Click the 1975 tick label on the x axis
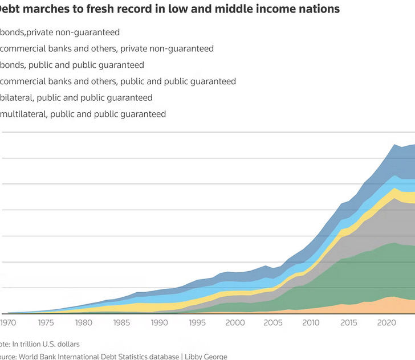pyautogui.click(x=46, y=323)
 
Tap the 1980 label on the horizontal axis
pyautogui.click(x=84, y=323)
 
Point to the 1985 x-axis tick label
pyautogui.click(x=121, y=323)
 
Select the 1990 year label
pyautogui.click(x=160, y=323)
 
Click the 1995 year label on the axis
pyautogui.click(x=197, y=323)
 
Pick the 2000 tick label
pyautogui.click(x=235, y=323)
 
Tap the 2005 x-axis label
pyautogui.click(x=272, y=323)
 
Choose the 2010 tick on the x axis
pyautogui.click(x=311, y=323)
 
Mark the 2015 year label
pyautogui.click(x=348, y=323)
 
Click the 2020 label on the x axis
pyautogui.click(x=386, y=323)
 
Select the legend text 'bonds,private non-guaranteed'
pyautogui.click(x=60, y=32)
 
